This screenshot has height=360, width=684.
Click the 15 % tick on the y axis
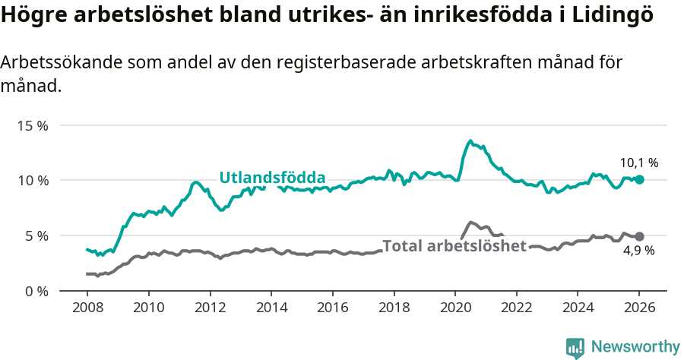point(32,125)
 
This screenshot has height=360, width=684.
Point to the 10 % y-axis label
point(32,181)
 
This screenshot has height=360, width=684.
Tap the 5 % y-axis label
point(35,235)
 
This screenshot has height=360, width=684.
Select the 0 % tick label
point(35,291)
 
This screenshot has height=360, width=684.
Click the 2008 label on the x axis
point(87,308)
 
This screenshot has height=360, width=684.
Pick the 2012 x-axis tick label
point(210,308)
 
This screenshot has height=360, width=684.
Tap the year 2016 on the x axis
point(332,308)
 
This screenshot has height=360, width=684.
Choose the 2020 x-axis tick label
point(454,308)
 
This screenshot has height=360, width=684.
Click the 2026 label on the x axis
point(639,308)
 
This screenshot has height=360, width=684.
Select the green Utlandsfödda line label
point(272,178)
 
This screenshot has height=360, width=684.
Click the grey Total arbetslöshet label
point(454,245)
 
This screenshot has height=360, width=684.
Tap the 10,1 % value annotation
point(638,163)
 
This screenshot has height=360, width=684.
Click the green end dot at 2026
point(639,179)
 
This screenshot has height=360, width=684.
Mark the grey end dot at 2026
point(639,236)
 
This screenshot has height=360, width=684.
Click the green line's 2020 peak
point(470,141)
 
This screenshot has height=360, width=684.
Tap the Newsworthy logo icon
point(575,347)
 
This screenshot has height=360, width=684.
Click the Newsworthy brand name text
point(635,347)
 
